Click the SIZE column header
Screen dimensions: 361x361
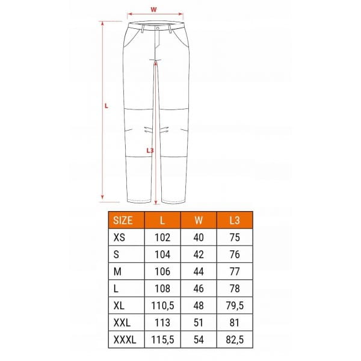[x=123, y=220]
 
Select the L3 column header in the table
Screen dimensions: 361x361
[x=235, y=220]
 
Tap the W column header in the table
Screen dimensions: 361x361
[x=199, y=220]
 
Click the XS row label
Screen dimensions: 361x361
[x=119, y=238]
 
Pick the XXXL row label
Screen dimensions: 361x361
[x=125, y=339]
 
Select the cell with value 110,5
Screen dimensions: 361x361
[x=162, y=306]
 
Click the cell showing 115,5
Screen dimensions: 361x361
[x=162, y=339]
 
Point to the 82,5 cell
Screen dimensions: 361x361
[x=235, y=339]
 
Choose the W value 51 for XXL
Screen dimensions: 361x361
[x=199, y=322]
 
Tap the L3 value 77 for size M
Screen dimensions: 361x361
[x=235, y=271]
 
